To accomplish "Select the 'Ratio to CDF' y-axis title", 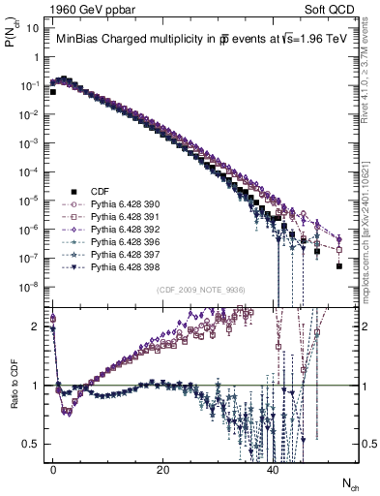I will click(14, 397).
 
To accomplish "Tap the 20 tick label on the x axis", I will click(163, 469).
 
